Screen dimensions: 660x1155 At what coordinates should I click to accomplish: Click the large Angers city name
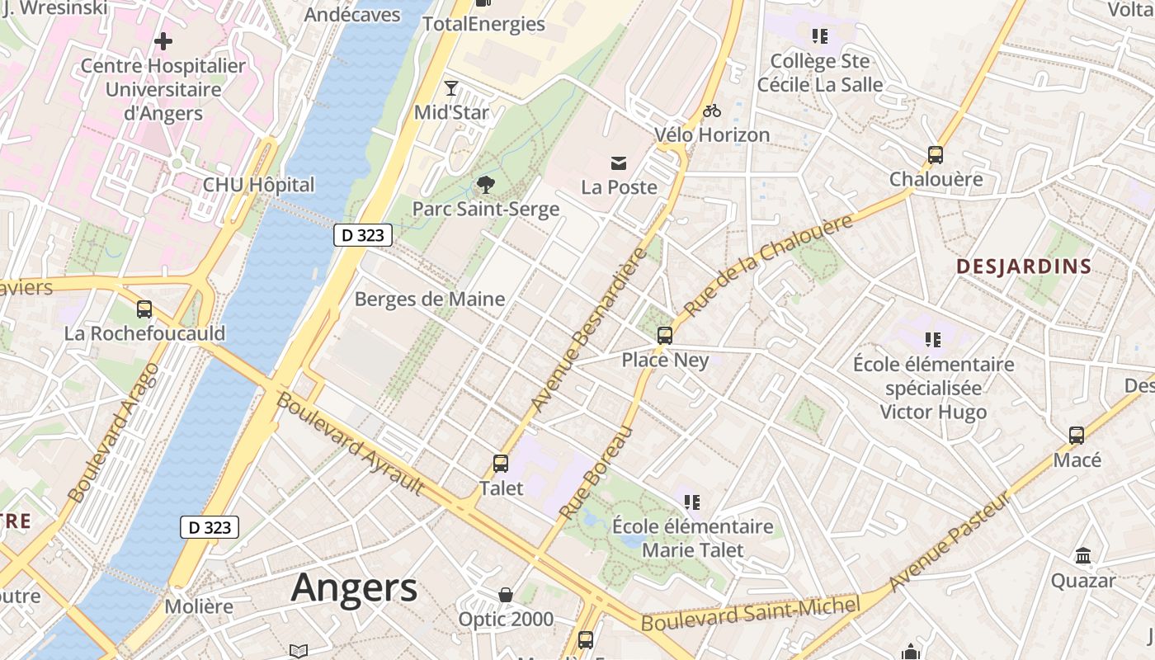(354, 588)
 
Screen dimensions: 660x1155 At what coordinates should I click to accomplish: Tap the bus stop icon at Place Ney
(665, 336)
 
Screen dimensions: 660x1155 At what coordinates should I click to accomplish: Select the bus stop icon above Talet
(501, 464)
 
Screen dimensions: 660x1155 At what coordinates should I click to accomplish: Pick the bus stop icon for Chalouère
(936, 155)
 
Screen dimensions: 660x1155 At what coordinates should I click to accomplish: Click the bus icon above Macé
(1077, 436)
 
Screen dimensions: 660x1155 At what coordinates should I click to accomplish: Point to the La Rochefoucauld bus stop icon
(144, 309)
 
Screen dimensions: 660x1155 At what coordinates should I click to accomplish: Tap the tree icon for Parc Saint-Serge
(486, 185)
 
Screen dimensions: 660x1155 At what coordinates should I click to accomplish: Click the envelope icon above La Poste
(619, 163)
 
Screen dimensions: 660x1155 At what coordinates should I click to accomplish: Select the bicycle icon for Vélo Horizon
(712, 111)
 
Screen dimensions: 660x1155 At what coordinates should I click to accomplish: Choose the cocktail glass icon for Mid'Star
(450, 88)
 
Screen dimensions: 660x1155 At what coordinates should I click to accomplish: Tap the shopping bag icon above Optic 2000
(506, 595)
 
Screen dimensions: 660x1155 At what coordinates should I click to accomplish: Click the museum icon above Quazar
(1083, 556)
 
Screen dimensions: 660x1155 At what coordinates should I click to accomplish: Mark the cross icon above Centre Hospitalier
(163, 40)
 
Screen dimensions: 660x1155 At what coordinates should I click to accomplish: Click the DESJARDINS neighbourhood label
(1024, 266)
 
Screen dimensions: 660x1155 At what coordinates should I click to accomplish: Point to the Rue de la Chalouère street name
(768, 265)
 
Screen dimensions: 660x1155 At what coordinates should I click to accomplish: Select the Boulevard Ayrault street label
(351, 444)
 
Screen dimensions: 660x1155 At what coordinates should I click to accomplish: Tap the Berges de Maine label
(429, 299)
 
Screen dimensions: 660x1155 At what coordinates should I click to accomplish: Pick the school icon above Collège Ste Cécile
(819, 36)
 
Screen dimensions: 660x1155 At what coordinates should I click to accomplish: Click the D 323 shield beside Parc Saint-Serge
(363, 235)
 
